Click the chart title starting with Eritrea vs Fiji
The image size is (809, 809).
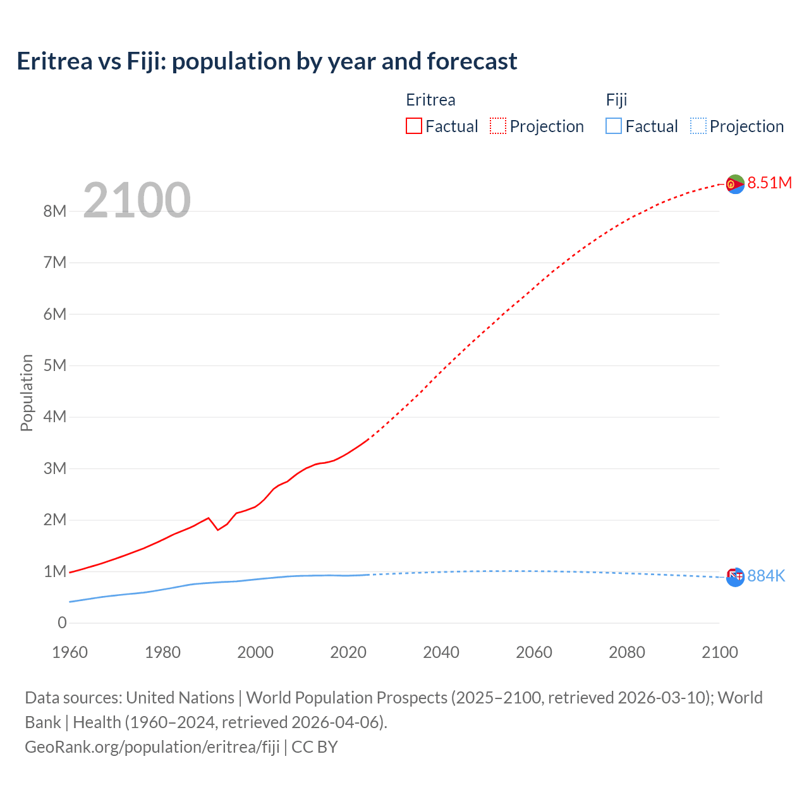tap(267, 61)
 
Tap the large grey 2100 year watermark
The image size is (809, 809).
tap(137, 200)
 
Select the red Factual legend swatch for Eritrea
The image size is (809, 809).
tap(413, 126)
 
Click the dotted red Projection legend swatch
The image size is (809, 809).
tap(498, 126)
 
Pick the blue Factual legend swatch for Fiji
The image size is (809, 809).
tap(613, 126)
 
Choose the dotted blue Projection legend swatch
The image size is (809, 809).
tap(698, 126)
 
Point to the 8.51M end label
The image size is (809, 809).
tap(769, 183)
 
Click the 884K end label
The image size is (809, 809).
tap(766, 576)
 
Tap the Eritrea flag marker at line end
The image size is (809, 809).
tap(735, 184)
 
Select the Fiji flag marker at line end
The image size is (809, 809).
tap(735, 576)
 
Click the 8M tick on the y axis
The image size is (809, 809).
tap(55, 211)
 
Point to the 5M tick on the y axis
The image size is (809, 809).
tap(55, 365)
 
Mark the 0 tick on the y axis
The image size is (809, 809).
tap(62, 623)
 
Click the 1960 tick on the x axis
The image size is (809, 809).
tap(70, 652)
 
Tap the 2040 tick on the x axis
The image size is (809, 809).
tap(441, 652)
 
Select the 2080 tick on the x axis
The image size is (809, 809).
tap(627, 652)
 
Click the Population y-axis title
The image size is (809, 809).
tap(27, 392)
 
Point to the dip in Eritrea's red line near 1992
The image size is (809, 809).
tap(218, 529)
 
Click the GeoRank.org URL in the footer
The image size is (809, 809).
tap(152, 746)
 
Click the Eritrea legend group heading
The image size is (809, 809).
tap(430, 100)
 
